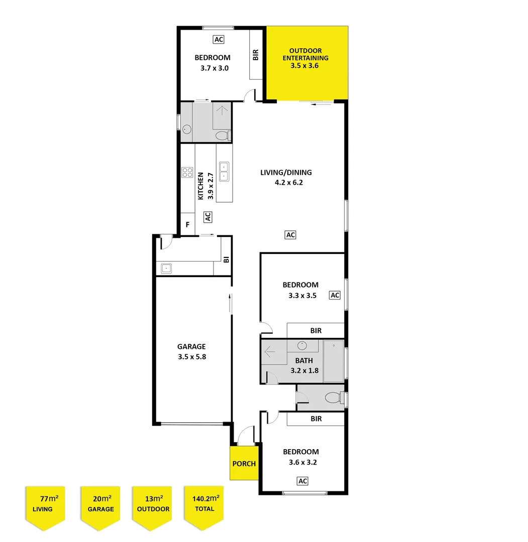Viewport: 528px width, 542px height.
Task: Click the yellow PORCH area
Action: point(244,463)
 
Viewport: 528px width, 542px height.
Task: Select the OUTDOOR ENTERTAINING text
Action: point(305,58)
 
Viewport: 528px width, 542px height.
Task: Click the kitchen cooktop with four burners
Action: point(187,173)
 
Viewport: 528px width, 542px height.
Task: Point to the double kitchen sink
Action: point(225,172)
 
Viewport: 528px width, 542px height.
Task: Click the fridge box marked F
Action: point(187,225)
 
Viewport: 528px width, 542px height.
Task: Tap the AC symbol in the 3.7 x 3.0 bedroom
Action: point(218,39)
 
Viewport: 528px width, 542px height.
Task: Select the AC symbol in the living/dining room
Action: point(290,234)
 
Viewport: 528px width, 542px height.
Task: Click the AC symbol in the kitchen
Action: point(207,217)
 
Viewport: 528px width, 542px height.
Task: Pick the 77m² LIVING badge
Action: point(46,504)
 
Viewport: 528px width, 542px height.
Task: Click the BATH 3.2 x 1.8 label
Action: point(304,365)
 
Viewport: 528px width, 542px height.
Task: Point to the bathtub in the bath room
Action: point(333,361)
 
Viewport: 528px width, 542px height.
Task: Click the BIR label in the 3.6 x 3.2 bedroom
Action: point(316,419)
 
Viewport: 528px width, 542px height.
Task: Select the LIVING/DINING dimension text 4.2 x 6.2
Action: point(288,183)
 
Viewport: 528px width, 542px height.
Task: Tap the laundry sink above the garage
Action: point(166,268)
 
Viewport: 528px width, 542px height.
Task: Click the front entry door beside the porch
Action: point(246,435)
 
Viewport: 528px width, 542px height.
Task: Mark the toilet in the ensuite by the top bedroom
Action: point(222,135)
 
